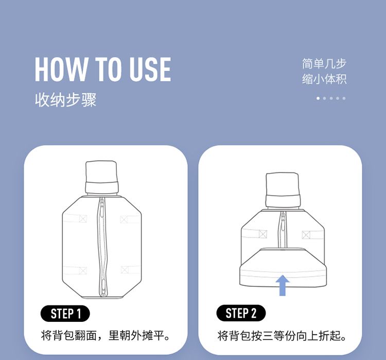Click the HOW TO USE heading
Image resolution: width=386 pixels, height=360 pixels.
tap(103, 69)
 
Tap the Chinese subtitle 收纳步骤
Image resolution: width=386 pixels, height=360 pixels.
tap(65, 100)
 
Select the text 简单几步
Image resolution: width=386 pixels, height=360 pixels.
tap(324, 64)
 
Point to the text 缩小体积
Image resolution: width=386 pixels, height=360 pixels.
tap(324, 79)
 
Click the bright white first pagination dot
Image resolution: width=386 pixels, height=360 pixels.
tap(318, 98)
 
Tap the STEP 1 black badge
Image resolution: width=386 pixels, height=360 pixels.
tap(65, 314)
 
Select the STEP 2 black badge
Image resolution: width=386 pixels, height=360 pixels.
tap(241, 313)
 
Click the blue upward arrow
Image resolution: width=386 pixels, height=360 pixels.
tap(283, 285)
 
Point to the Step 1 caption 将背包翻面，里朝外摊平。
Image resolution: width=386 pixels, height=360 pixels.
tap(106, 335)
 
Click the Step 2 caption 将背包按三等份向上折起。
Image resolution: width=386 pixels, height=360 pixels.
tap(282, 335)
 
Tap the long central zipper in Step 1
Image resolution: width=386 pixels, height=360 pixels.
tap(102, 247)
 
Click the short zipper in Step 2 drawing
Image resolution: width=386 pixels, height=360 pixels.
tap(283, 230)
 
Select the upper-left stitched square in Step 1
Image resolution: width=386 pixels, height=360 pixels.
tap(83, 219)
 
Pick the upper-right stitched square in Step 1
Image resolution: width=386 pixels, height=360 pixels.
tap(124, 219)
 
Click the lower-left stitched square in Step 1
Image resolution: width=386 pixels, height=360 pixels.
tap(83, 270)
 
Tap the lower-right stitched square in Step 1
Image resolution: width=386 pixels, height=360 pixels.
tap(125, 270)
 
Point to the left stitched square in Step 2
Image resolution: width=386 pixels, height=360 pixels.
tap(263, 234)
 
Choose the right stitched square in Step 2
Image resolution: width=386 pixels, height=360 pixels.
tap(306, 235)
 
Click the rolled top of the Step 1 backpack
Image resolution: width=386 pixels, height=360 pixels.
tap(101, 177)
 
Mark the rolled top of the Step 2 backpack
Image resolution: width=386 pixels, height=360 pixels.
tap(283, 190)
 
